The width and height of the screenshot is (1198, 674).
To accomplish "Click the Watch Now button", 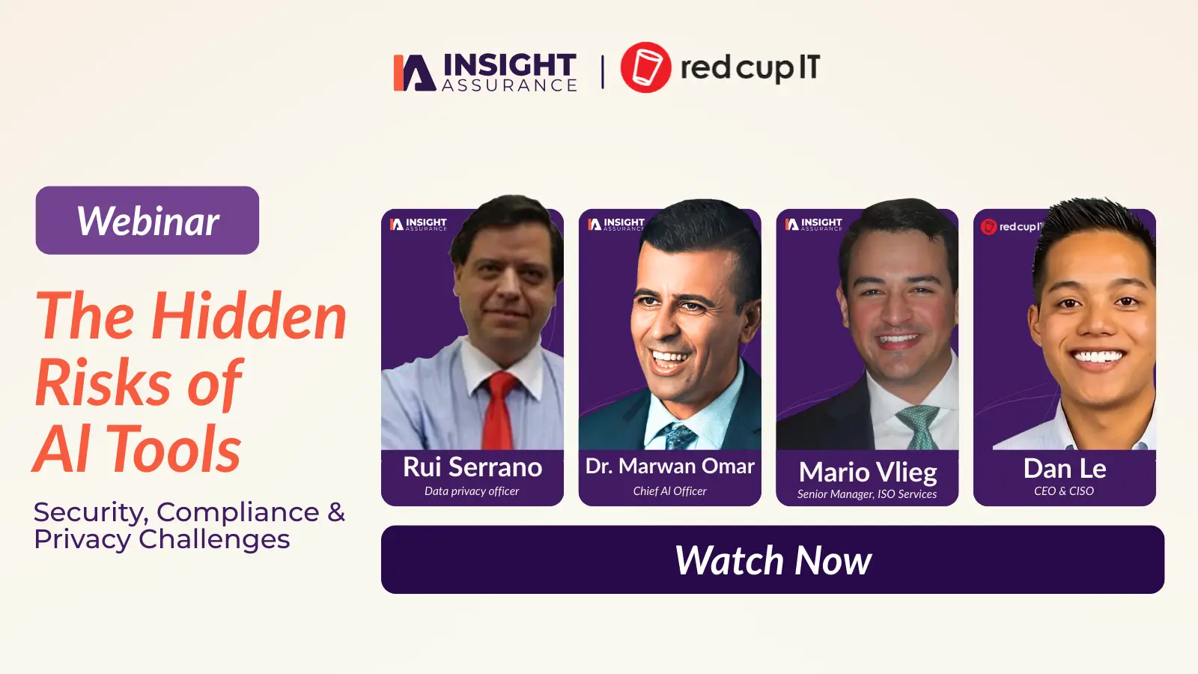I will (772, 560).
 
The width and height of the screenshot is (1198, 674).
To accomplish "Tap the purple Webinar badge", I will (148, 220).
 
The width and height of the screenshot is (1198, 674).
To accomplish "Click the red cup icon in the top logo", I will (645, 67).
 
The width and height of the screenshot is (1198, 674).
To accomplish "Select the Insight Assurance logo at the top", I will (485, 72).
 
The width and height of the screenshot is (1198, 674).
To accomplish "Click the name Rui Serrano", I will (472, 467).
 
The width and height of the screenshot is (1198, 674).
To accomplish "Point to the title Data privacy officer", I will (472, 491).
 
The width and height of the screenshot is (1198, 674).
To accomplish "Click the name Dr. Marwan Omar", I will (669, 467).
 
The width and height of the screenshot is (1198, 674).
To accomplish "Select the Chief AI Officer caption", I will (669, 491).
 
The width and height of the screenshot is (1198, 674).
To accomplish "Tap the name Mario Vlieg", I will (867, 472).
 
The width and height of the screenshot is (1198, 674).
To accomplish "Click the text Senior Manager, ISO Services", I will (866, 494).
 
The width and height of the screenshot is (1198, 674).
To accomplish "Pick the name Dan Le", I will (1064, 469).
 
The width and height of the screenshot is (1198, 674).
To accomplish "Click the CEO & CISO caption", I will (1064, 491).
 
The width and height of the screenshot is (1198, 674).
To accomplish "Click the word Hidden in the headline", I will (249, 317).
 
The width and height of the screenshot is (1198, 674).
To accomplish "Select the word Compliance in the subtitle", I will (238, 512).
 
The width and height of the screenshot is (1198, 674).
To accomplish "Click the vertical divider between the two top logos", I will (603, 72).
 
